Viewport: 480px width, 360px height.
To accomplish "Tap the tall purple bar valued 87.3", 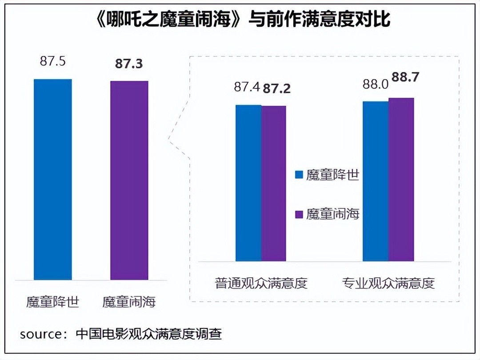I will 129,180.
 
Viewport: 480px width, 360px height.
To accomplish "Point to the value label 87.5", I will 52,61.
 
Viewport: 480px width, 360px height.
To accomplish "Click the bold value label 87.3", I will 129,64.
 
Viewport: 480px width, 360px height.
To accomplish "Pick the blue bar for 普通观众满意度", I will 248,183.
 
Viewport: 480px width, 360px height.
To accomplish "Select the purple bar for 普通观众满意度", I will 274,183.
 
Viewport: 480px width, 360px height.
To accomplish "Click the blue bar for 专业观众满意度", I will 376,181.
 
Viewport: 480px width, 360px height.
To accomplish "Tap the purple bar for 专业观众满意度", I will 401,179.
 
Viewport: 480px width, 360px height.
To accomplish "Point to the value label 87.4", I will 247,87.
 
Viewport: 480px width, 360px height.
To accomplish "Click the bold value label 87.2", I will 277,88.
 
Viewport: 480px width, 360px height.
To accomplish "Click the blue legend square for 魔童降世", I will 299,175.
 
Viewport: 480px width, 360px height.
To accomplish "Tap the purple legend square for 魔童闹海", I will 299,214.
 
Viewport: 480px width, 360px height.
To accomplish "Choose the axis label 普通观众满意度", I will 261,283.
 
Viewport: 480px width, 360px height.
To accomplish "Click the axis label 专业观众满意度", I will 388,283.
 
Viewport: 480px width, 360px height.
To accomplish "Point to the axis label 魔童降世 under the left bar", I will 52,303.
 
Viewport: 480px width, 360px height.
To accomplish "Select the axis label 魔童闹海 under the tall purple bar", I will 129,303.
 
